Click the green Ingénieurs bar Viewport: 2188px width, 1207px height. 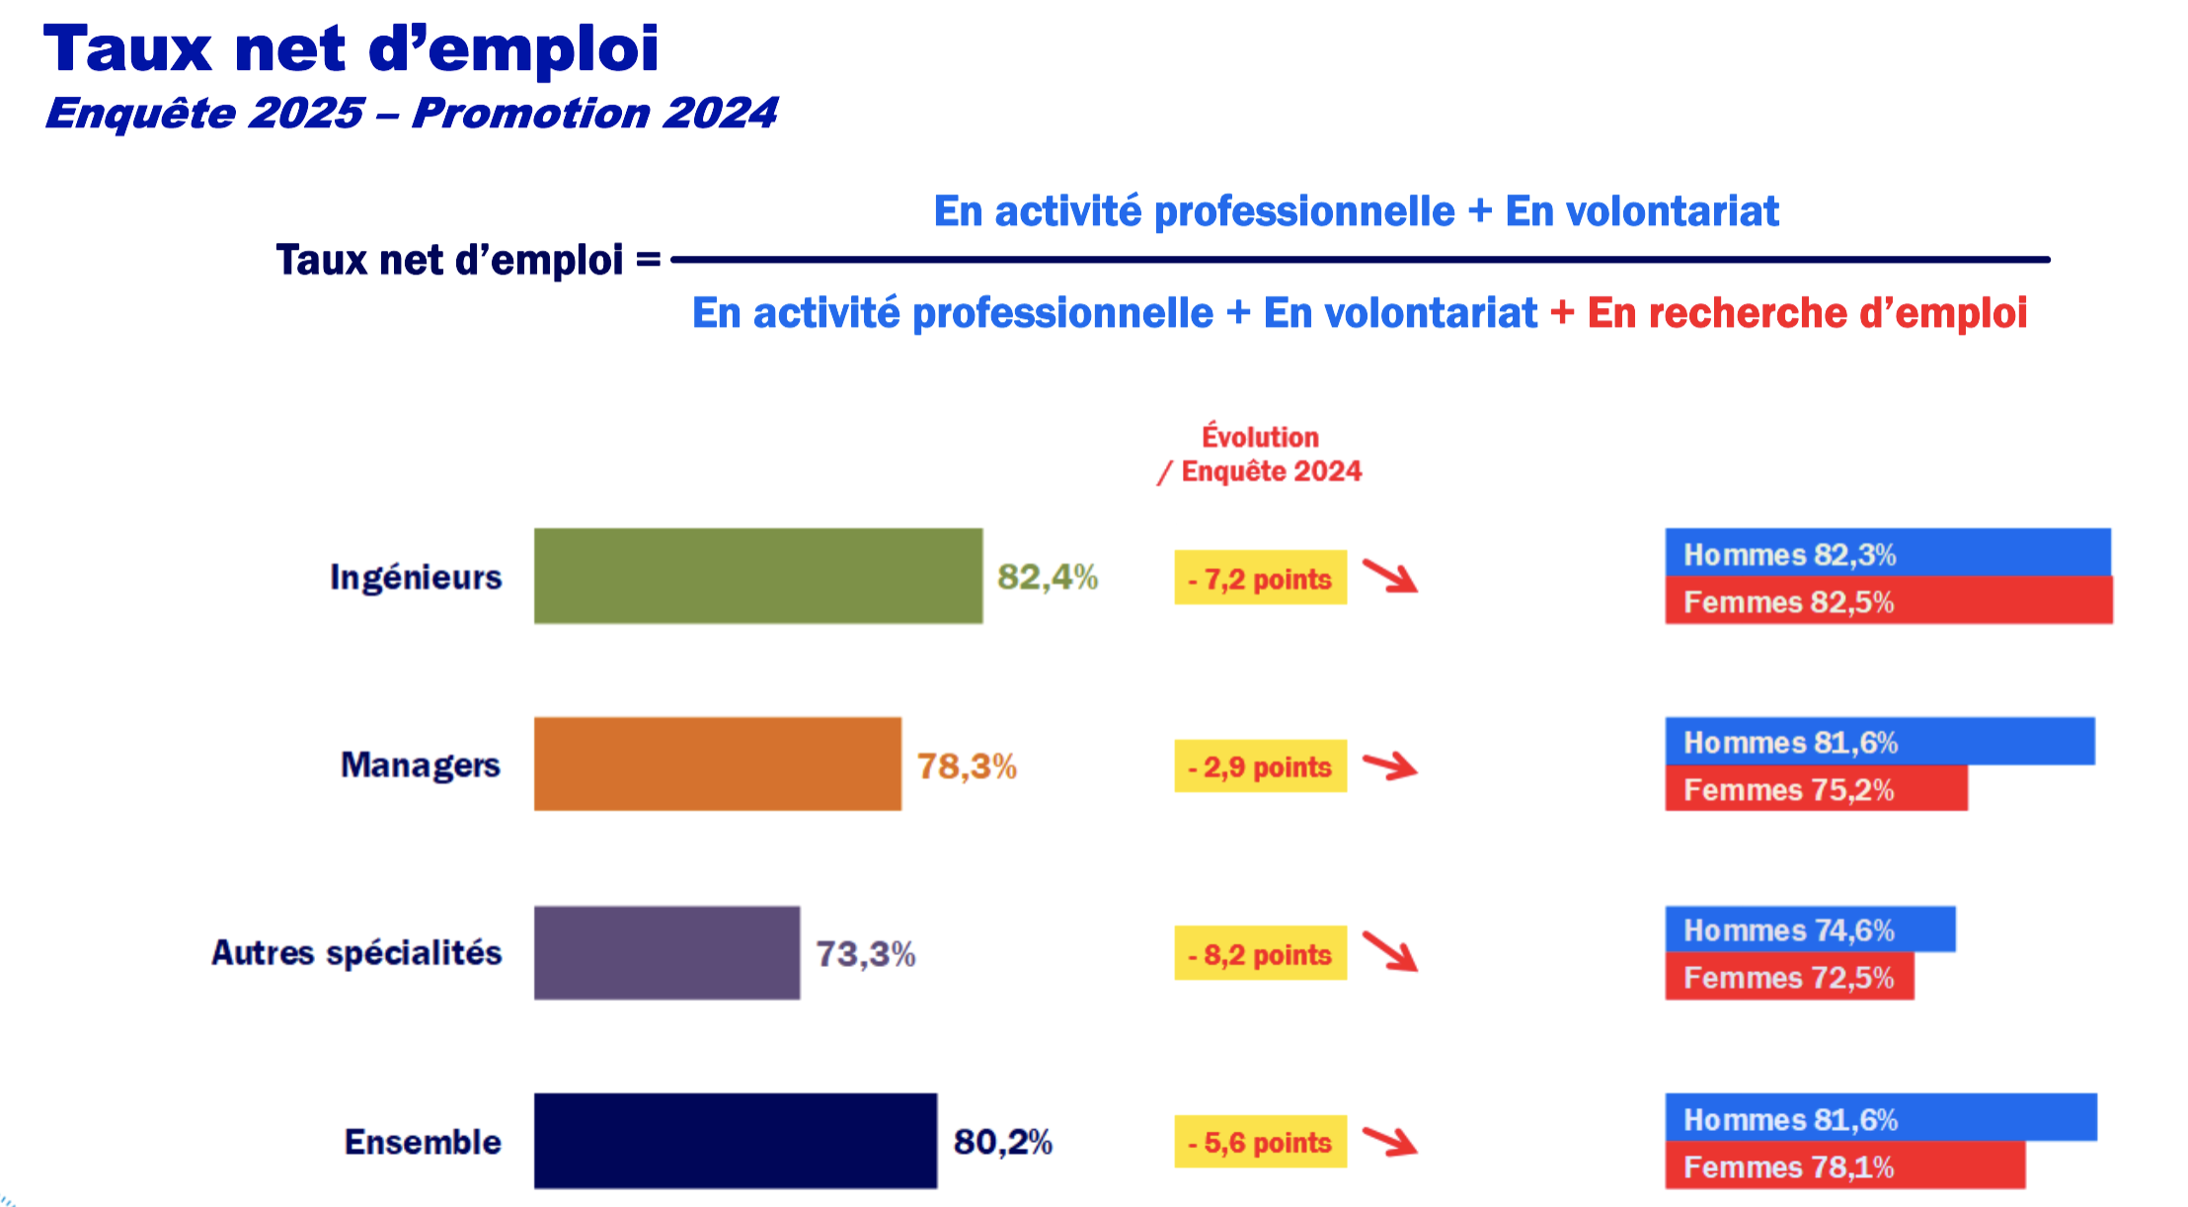757,576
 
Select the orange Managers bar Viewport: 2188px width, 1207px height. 717,764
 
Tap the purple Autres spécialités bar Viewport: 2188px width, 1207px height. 666,953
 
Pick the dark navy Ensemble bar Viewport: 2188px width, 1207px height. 735,1141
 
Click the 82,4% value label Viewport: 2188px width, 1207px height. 1047,577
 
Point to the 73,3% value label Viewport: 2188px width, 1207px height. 865,954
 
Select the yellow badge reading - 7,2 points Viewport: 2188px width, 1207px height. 1260,578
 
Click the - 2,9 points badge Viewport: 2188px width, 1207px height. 1260,766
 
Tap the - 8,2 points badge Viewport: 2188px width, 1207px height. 1260,954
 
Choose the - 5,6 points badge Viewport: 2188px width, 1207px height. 1260,1142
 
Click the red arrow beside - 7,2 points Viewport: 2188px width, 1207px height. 1390,576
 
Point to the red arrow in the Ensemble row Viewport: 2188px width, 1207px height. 1390,1141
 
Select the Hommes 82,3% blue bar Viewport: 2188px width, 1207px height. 1887,553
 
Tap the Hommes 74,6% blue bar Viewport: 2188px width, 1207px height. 1809,929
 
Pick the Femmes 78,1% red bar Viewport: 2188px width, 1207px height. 1844,1167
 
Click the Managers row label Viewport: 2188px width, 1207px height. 421,765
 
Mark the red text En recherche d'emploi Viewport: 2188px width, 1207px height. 1807,313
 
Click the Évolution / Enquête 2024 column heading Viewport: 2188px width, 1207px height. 1261,453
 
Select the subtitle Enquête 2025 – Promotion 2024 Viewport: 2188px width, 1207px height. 411,113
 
